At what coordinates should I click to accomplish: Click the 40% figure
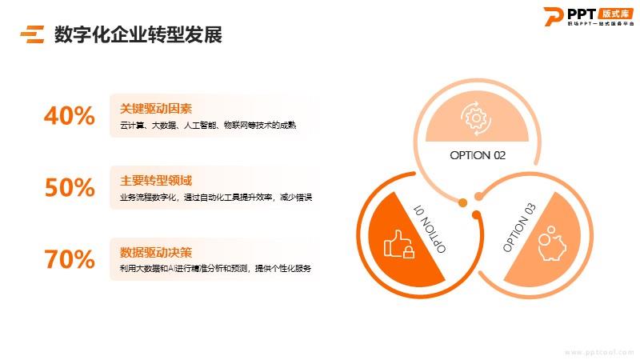(70, 115)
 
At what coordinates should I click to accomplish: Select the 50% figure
(70, 187)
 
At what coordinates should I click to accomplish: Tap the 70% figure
(70, 259)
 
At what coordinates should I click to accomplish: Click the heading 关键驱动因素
(156, 109)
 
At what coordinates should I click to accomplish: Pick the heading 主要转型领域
(156, 181)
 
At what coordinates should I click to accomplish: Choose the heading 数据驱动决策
(156, 252)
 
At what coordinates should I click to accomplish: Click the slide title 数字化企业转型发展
(138, 34)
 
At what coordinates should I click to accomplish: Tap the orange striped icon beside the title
(32, 34)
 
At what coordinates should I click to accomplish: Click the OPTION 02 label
(478, 155)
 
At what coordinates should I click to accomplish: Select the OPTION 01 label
(430, 229)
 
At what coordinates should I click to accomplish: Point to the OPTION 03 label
(519, 227)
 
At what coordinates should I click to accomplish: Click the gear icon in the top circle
(476, 118)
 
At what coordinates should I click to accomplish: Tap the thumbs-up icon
(398, 244)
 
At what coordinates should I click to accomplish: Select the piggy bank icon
(551, 243)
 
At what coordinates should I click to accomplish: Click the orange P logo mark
(554, 17)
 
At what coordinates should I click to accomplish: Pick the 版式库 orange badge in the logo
(616, 14)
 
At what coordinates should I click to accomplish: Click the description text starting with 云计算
(208, 125)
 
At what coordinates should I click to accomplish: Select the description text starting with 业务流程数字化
(216, 197)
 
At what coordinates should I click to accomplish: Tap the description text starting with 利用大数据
(215, 268)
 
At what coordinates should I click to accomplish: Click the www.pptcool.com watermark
(598, 352)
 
